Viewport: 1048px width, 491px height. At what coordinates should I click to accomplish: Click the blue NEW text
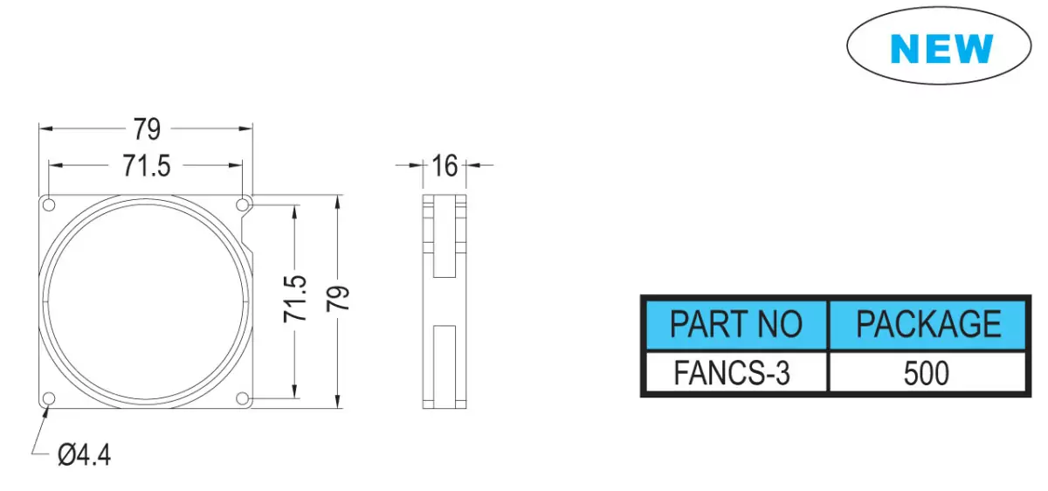tap(941, 48)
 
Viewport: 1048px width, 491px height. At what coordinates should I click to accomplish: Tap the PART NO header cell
tap(736, 324)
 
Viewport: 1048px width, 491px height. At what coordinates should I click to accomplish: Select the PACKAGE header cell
tap(928, 324)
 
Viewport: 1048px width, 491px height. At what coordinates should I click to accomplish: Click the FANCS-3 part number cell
tap(736, 372)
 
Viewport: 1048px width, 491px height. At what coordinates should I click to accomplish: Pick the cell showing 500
tap(928, 372)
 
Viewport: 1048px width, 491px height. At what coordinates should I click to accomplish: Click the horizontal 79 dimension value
tap(147, 129)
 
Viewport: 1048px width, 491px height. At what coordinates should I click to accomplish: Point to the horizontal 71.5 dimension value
tap(147, 166)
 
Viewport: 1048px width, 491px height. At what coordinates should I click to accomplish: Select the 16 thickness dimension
tap(445, 166)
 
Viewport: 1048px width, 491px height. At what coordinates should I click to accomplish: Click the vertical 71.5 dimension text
tap(295, 299)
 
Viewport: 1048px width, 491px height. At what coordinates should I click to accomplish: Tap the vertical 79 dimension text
tap(338, 298)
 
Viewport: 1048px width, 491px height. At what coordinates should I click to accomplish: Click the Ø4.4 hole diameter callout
tap(84, 455)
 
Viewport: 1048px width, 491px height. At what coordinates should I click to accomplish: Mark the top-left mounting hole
tap(49, 205)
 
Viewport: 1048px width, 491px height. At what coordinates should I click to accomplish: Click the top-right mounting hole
tap(243, 205)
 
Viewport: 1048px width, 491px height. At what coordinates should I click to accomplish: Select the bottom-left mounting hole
tap(49, 398)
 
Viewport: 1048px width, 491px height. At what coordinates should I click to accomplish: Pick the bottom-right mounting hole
tap(243, 398)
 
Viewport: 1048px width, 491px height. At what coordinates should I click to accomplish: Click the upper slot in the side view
tap(445, 237)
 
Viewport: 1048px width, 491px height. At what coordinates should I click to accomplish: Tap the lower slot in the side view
tap(445, 367)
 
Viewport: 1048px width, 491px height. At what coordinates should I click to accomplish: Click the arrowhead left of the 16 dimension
tap(416, 165)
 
